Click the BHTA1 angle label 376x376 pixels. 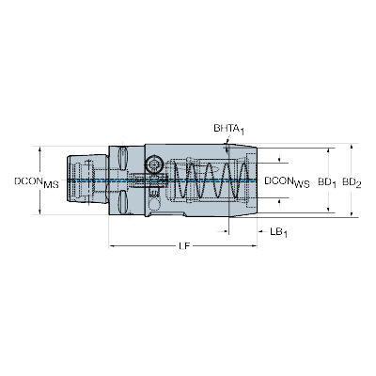pyautogui.click(x=228, y=129)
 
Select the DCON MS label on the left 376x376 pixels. pyautogui.click(x=37, y=182)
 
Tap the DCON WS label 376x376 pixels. pyautogui.click(x=287, y=182)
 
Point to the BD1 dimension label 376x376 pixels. pyautogui.click(x=327, y=182)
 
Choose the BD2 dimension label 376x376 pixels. pyautogui.click(x=352, y=182)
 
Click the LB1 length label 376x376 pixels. pyautogui.click(x=279, y=232)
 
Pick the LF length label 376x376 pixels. pyautogui.click(x=184, y=246)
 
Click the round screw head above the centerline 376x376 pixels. pyautogui.click(x=154, y=164)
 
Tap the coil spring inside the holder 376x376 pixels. pyautogui.click(x=212, y=180)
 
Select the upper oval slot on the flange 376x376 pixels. pyautogui.click(x=122, y=158)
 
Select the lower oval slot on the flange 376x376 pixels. pyautogui.click(x=122, y=202)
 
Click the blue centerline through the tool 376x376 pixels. pyautogui.click(x=162, y=180)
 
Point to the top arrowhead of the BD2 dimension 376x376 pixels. pyautogui.click(x=352, y=147)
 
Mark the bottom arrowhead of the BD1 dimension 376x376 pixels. pyautogui.click(x=328, y=210)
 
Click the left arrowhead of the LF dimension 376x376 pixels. pyautogui.click(x=112, y=246)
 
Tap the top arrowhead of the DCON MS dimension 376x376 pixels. pyautogui.click(x=39, y=149)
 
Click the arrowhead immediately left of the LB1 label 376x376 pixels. pyautogui.click(x=260, y=232)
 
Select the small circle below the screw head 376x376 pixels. pyautogui.click(x=153, y=204)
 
